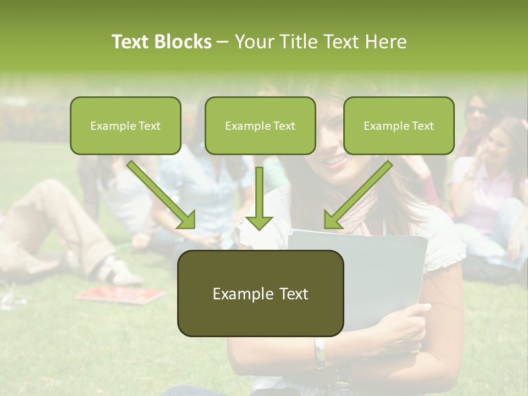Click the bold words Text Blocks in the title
pyautogui.click(x=161, y=42)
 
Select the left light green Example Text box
pyautogui.click(x=125, y=125)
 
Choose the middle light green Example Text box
pyautogui.click(x=260, y=125)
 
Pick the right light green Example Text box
pyautogui.click(x=399, y=125)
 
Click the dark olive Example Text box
pyautogui.click(x=260, y=293)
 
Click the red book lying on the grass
pyautogui.click(x=121, y=295)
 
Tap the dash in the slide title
pyautogui.click(x=223, y=42)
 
